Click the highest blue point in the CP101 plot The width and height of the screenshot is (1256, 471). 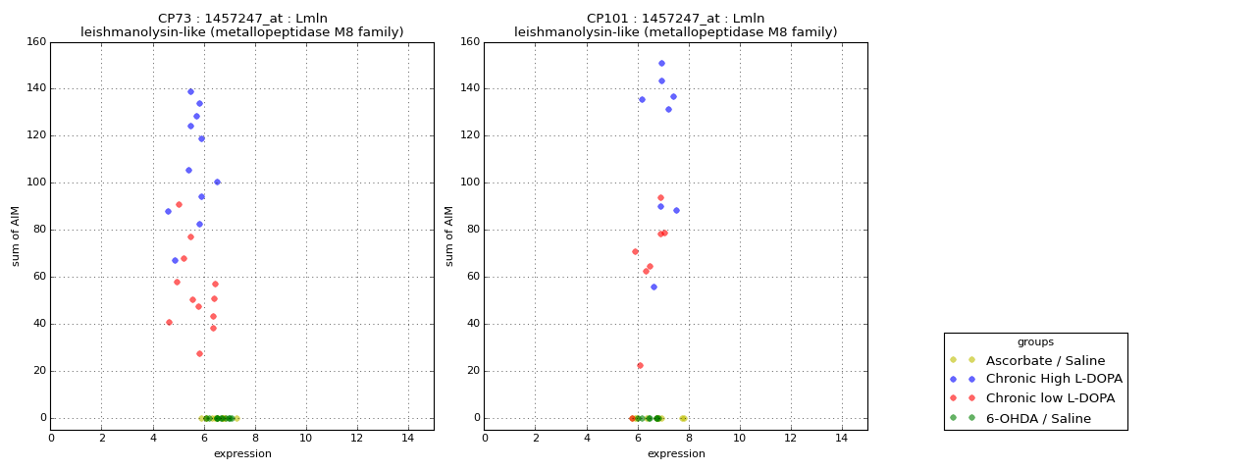tap(661, 63)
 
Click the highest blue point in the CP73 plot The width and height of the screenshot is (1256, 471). tap(190, 91)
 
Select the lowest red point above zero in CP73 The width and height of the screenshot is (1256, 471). tap(199, 353)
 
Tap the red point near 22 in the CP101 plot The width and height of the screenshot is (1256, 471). tap(640, 365)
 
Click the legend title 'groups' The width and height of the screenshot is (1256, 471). tap(1035, 341)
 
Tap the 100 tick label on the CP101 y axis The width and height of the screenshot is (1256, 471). tap(469, 183)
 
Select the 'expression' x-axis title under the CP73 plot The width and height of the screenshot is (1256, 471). tap(242, 453)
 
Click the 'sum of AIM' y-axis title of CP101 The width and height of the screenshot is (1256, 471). tap(449, 235)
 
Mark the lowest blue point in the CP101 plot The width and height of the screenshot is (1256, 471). tap(654, 287)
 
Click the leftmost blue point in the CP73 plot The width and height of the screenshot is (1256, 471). tap(168, 211)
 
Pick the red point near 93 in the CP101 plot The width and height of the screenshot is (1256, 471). tap(660, 197)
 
